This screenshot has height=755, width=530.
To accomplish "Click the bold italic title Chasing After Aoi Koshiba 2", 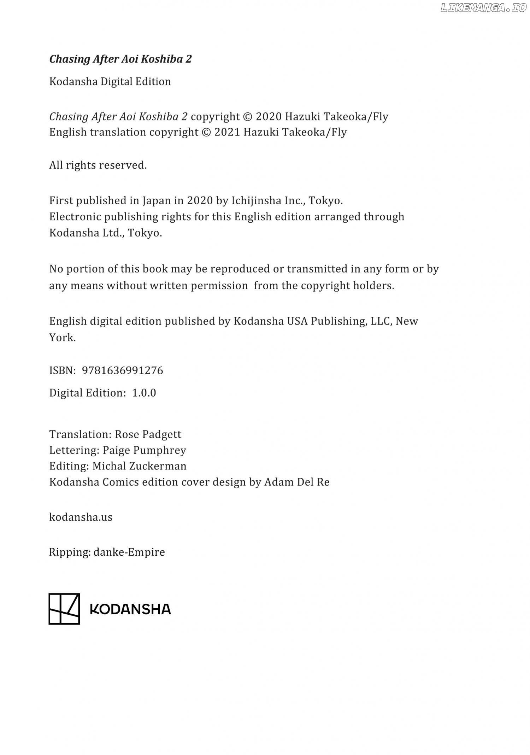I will [x=120, y=59].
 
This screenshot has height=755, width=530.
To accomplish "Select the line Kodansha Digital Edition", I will [x=110, y=82].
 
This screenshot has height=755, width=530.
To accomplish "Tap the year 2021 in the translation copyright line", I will [x=227, y=132].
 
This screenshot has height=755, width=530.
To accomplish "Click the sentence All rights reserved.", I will [x=98, y=165].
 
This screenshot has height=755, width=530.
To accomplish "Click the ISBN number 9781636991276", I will [x=122, y=370].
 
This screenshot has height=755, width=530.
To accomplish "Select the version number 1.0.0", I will [x=144, y=393].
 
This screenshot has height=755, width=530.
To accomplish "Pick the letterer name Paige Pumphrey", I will [x=144, y=450].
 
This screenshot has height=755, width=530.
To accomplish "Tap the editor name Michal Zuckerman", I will [x=139, y=466].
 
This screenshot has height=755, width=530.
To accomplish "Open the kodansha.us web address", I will [x=81, y=517].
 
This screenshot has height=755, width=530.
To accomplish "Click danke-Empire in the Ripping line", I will [x=129, y=552].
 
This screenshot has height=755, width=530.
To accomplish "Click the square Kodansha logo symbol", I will [x=64, y=609].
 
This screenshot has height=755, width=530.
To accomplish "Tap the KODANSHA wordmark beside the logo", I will [x=130, y=609].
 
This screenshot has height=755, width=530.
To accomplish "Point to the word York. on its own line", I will [x=63, y=338].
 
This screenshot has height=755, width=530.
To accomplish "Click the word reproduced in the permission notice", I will [x=240, y=269].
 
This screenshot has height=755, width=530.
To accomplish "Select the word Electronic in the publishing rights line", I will [x=75, y=217].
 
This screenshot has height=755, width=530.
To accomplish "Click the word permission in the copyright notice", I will [x=219, y=286].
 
